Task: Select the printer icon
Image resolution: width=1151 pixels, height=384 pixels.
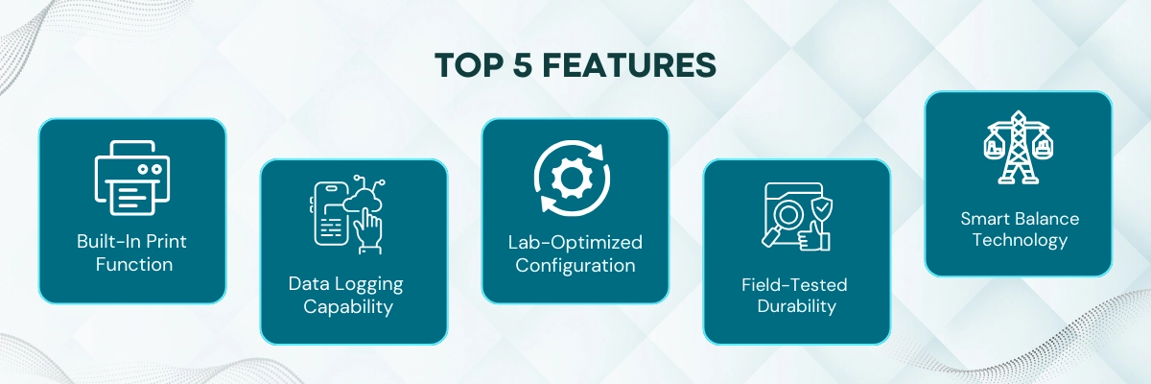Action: pos(132,177)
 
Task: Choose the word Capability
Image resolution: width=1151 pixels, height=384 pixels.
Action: pos(353,307)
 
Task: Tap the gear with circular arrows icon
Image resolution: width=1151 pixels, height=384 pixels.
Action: pos(575,177)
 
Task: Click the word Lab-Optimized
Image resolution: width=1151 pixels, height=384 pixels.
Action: pos(575,242)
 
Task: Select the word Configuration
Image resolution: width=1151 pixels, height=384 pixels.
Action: pos(575,265)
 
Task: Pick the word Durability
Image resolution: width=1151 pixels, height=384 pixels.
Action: pos(796,307)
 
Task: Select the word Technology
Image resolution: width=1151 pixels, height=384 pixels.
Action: pos(1020,240)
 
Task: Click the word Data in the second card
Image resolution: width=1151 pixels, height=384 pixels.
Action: pos(308,284)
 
